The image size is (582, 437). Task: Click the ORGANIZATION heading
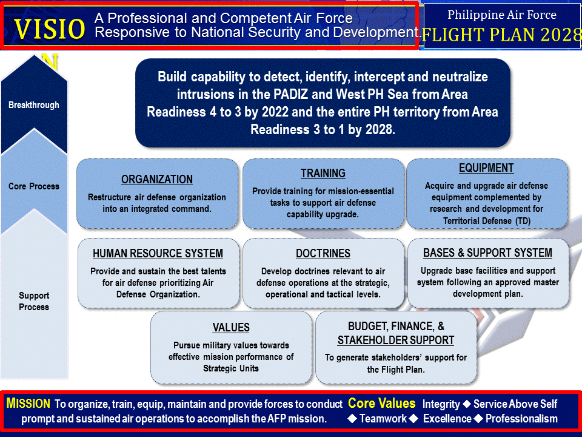click(157, 180)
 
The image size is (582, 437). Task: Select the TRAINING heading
click(323, 174)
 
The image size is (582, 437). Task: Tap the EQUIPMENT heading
click(486, 168)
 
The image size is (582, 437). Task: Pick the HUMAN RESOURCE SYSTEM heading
click(158, 254)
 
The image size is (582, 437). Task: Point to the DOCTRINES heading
click(323, 254)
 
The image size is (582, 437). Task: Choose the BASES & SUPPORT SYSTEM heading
click(487, 253)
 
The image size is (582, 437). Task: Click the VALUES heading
click(231, 328)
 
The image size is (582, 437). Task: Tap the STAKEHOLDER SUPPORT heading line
click(396, 340)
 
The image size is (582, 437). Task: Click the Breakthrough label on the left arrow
click(34, 105)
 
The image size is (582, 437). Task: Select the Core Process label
click(34, 186)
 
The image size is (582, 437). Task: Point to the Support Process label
click(34, 301)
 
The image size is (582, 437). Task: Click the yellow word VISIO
click(50, 29)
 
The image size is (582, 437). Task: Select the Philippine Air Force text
click(501, 15)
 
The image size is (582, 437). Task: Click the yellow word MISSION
click(28, 404)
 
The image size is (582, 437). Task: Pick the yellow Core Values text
click(382, 404)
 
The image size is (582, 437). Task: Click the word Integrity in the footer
click(441, 404)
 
